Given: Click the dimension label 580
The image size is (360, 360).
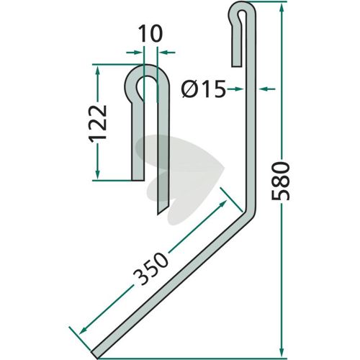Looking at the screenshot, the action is pyautogui.click(x=281, y=181).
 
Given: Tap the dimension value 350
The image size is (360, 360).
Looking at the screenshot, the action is pyautogui.click(x=150, y=269).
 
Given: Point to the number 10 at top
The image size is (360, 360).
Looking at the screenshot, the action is pyautogui.click(x=150, y=34).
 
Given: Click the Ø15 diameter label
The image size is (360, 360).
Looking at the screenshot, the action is pyautogui.click(x=204, y=89).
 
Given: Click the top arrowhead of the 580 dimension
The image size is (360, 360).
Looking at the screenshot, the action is pyautogui.click(x=282, y=7).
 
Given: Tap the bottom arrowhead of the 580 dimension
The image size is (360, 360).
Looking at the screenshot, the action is pyautogui.click(x=282, y=352).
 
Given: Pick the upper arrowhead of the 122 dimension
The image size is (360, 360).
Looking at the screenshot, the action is pyautogui.click(x=97, y=70).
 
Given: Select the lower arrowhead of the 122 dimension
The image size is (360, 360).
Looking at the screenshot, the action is pyautogui.click(x=97, y=174).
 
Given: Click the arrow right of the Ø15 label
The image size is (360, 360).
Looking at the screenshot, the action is pyautogui.click(x=235, y=89).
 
